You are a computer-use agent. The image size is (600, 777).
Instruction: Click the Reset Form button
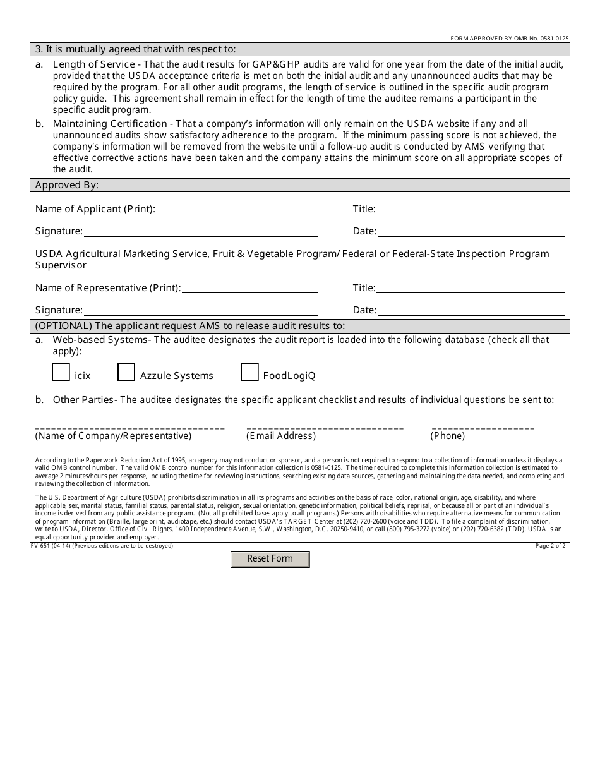(x=270, y=559)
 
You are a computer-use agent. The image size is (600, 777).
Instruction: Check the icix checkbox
(x=61, y=372)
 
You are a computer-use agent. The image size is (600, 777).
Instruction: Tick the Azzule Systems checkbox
(x=126, y=372)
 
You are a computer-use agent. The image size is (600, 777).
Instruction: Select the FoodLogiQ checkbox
(x=249, y=372)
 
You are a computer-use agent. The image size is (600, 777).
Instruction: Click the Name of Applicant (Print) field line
(x=236, y=209)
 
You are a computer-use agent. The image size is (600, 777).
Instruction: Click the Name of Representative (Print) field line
(x=249, y=288)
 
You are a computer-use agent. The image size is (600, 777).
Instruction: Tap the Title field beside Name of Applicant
(x=470, y=209)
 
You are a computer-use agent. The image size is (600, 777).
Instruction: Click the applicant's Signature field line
(x=200, y=231)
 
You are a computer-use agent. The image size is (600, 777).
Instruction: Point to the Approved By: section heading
(x=67, y=185)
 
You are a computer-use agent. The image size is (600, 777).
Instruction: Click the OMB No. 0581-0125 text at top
(x=509, y=39)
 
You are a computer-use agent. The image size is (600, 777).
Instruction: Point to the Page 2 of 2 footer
(x=550, y=546)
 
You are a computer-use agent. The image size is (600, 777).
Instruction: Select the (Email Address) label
(x=281, y=436)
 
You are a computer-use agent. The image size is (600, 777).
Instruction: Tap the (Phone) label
(x=448, y=436)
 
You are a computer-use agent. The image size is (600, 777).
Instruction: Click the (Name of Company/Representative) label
(x=113, y=436)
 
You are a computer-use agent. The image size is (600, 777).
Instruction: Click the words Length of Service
(x=93, y=64)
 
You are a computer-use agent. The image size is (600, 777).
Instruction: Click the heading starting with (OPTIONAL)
(x=190, y=326)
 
